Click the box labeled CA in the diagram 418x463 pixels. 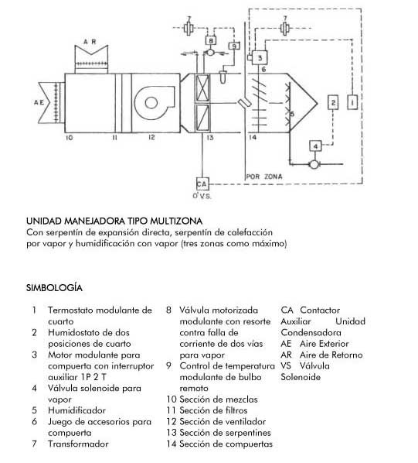pos(202,183)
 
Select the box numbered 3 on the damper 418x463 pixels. pos(260,57)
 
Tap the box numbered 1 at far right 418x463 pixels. pos(352,102)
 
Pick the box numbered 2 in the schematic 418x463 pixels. pos(333,102)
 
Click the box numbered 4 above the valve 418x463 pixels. pos(315,146)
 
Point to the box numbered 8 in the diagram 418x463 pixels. pos(211,40)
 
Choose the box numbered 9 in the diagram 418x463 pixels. pos(234,46)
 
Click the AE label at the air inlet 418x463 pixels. pos(39,102)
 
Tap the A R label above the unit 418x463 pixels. pos(90,42)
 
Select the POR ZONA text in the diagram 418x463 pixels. pos(264,177)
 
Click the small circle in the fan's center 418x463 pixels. pos(151,102)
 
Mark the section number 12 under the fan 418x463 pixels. pos(151,137)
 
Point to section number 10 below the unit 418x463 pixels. pos(70,138)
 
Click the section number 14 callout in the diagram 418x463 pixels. pos(253,137)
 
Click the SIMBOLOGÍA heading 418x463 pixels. pos(54,288)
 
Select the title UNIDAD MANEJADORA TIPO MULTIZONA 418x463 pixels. pos(114,221)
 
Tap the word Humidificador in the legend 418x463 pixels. pos(76,410)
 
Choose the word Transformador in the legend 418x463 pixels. pos(78,444)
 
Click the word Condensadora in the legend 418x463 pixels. pos(311,332)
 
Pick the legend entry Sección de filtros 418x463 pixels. pos(213,410)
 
